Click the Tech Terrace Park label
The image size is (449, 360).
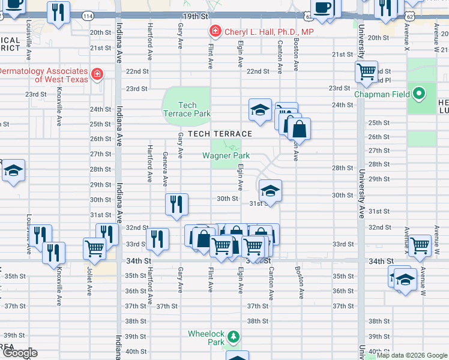click(187, 109)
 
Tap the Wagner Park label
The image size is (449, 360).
click(226, 155)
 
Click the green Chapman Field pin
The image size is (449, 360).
click(419, 94)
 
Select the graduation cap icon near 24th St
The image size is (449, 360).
click(260, 110)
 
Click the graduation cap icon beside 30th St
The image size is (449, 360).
click(270, 191)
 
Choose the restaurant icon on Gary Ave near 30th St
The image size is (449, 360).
click(177, 204)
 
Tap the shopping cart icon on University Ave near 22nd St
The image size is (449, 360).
click(366, 72)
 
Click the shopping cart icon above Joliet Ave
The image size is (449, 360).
click(95, 247)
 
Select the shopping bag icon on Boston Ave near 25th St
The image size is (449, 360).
click(298, 128)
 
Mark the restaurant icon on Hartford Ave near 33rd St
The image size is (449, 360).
click(157, 239)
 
